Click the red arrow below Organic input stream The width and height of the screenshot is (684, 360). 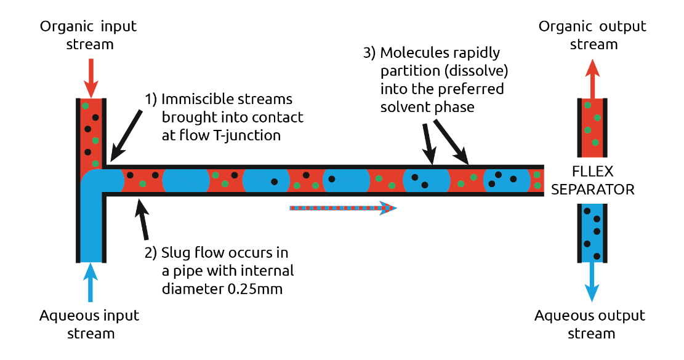pos(91,77)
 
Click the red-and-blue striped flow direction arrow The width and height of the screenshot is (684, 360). pos(343,208)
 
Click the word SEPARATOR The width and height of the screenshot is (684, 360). pos(592,190)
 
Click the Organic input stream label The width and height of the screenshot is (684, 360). pos(88,35)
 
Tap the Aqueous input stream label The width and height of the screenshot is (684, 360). pos(89,324)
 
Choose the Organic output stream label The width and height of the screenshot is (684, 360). pos(592,35)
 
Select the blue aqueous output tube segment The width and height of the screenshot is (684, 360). pos(592,232)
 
